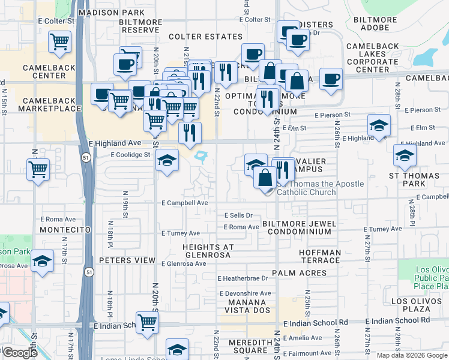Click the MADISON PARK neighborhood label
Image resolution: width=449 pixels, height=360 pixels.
[x=111, y=12]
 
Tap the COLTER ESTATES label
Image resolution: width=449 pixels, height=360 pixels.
[x=205, y=37]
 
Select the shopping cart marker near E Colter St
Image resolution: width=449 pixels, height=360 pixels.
[x=60, y=42]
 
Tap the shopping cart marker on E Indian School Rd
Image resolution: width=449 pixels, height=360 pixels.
[x=147, y=322]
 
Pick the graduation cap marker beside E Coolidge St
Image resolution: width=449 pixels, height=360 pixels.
[x=167, y=160]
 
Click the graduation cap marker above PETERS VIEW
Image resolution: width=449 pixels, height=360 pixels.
[x=42, y=261]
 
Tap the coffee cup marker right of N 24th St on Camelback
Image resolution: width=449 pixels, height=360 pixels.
[x=331, y=79]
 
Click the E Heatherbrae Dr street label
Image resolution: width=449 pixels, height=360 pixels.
[x=243, y=278]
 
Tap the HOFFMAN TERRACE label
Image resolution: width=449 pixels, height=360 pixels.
[x=319, y=256]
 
